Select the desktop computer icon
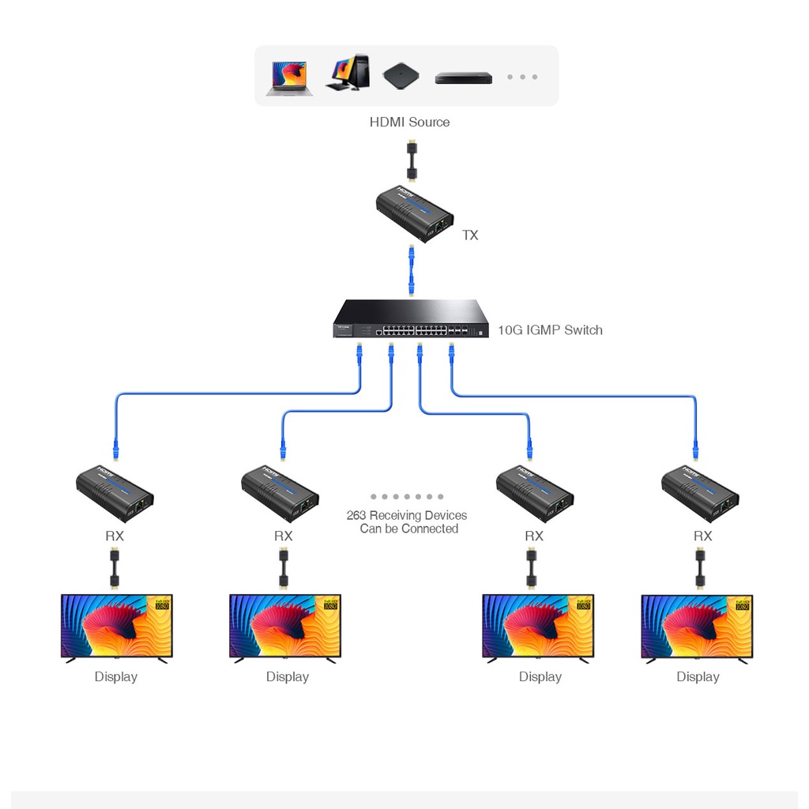click(348, 73)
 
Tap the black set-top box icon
click(401, 76)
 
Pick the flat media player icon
click(463, 77)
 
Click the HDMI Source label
click(409, 122)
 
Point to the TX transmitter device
click(414, 213)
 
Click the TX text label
click(470, 235)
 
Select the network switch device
click(411, 319)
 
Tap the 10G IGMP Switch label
click(550, 330)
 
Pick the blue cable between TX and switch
click(411, 269)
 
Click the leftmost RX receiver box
click(115, 493)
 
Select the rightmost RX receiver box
click(700, 493)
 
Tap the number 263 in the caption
click(357, 516)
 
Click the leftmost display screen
click(117, 627)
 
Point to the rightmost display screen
click(697, 627)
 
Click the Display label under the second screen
click(288, 677)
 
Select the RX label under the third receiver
click(534, 536)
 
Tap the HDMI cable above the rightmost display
click(700, 568)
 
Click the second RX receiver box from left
click(280, 493)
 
